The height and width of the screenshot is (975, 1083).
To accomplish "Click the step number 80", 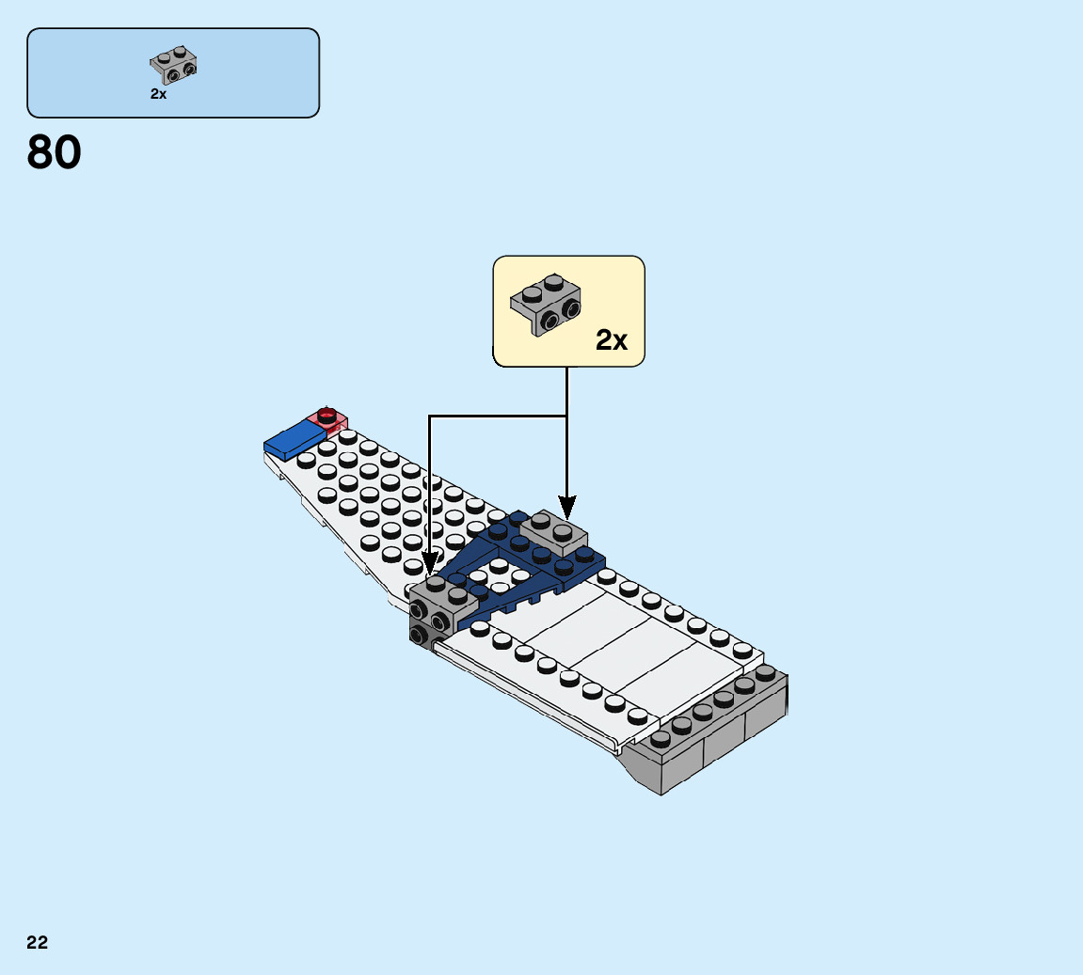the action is (x=55, y=152).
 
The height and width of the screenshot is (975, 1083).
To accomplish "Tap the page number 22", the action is (x=38, y=942).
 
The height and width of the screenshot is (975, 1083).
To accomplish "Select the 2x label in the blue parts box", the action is (x=158, y=94).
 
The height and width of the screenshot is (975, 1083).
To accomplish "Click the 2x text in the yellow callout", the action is (x=612, y=340).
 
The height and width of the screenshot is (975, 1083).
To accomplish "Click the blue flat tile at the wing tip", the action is (x=295, y=438).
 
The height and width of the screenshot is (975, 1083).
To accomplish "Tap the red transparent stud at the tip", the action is (x=327, y=415).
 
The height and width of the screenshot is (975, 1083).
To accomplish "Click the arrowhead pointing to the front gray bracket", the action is (x=429, y=565).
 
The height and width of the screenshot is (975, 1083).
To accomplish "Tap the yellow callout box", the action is (x=568, y=310).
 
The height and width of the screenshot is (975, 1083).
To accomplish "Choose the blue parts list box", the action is (x=173, y=72).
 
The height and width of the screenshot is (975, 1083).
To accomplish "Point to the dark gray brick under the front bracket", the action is (x=420, y=636).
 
